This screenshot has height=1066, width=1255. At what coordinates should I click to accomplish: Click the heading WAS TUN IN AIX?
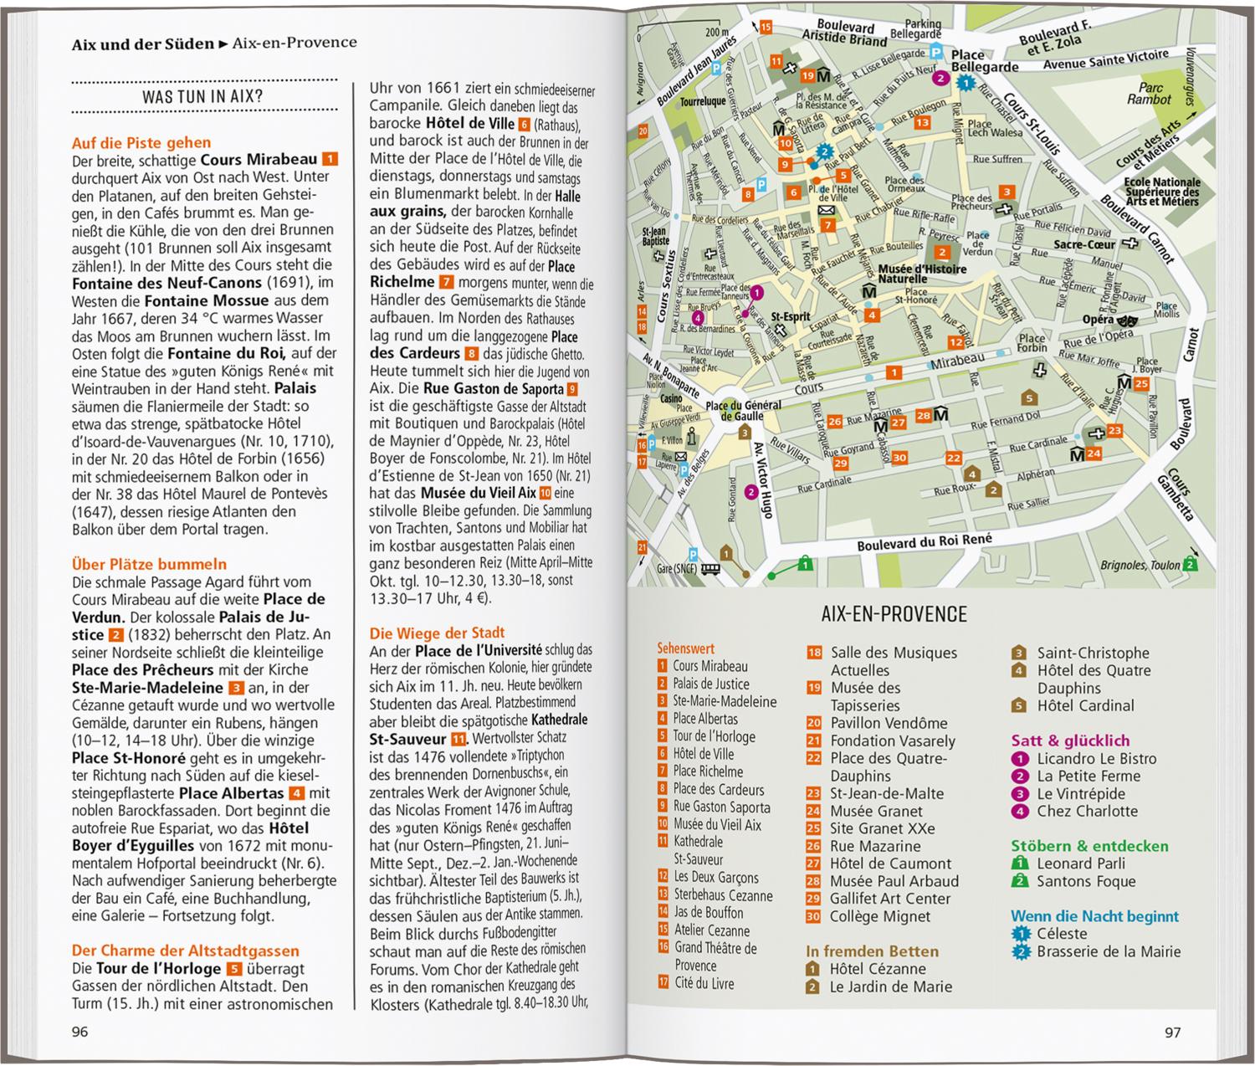pos(202,97)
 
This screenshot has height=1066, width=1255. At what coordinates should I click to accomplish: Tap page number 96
pos(80,1032)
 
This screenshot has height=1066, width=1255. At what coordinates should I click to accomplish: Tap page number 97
pos(1173,1032)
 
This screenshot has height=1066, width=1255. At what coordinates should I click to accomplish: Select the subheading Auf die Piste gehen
pos(141,142)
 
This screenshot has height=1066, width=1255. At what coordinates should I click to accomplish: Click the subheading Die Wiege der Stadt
pos(438,633)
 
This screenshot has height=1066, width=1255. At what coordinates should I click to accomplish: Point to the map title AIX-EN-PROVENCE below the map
pos(894,614)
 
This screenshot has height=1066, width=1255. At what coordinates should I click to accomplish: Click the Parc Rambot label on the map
pos(1150,93)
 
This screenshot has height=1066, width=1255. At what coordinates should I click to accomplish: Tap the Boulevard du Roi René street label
pos(924,542)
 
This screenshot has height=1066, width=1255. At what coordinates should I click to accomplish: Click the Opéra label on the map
pos(1098,320)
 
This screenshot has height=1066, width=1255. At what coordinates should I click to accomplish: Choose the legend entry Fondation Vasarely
pos(892,741)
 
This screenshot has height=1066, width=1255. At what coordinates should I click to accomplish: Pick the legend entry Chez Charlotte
pos(1087,811)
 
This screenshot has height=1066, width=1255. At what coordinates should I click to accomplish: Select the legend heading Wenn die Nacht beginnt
pos(1094,916)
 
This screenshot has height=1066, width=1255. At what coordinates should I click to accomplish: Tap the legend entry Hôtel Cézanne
pos(876,969)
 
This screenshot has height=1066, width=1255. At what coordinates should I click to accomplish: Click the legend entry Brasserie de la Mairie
pos(1109,951)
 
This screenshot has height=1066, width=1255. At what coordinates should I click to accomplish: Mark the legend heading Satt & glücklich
pos(1070,741)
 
